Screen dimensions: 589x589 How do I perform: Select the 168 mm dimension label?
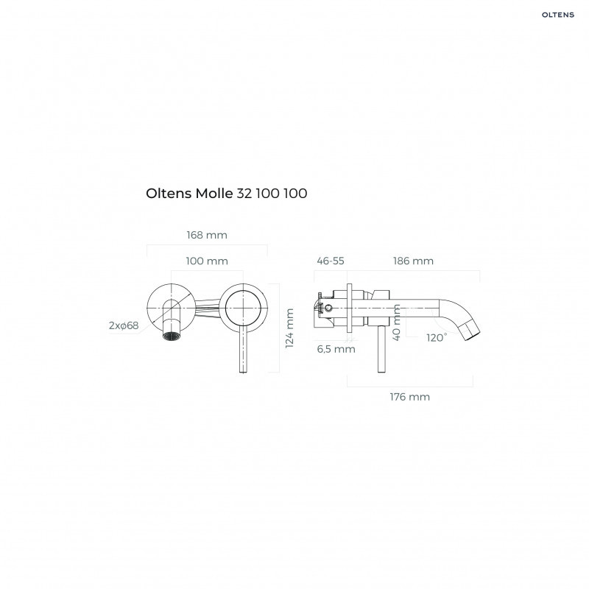pyautogui.click(x=206, y=235)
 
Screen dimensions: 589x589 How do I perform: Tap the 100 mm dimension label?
pyautogui.click(x=206, y=261)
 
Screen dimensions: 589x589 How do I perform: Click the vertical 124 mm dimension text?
pyautogui.click(x=289, y=328)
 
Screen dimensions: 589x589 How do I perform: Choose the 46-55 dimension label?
pyautogui.click(x=330, y=261)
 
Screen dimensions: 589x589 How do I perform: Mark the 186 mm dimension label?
pyautogui.click(x=413, y=261)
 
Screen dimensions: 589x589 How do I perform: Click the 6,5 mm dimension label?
pyautogui.click(x=336, y=349)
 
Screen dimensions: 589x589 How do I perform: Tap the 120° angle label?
pyautogui.click(x=436, y=337)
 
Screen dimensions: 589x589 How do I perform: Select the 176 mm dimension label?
pyautogui.click(x=409, y=396)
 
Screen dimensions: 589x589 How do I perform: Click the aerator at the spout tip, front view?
pyautogui.click(x=172, y=336)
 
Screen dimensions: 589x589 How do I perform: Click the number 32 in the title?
pyautogui.click(x=243, y=194)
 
